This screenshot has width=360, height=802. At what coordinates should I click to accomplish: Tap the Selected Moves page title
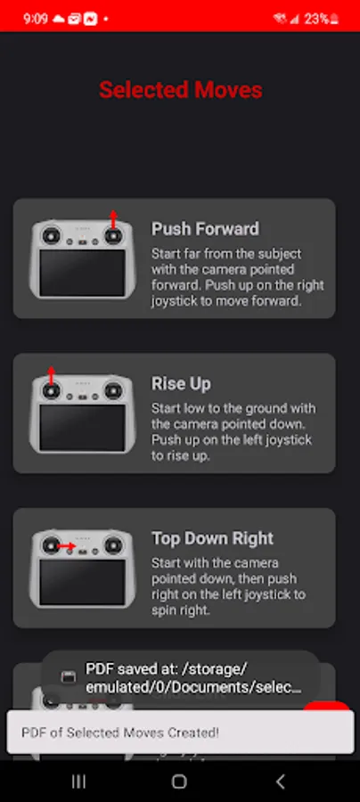pyautogui.click(x=181, y=90)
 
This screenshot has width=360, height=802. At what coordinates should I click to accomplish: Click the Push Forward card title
pyautogui.click(x=205, y=229)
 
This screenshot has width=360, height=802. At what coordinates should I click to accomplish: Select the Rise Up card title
pyautogui.click(x=181, y=383)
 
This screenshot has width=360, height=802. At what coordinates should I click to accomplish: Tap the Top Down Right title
pyautogui.click(x=213, y=538)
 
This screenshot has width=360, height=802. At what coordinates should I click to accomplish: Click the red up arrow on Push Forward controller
pyautogui.click(x=113, y=219)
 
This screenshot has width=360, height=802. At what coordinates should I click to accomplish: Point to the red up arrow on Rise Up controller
pyautogui.click(x=51, y=374)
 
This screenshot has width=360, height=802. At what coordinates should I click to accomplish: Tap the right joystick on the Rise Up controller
pyautogui.click(x=113, y=391)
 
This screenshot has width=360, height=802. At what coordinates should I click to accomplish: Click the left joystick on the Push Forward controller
pyautogui.click(x=51, y=236)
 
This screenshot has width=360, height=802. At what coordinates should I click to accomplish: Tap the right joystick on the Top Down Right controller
pyautogui.click(x=113, y=545)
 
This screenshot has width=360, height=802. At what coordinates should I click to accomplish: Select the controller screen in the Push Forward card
pyautogui.click(x=82, y=273)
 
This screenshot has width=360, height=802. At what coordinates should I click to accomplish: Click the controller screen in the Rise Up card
pyautogui.click(x=82, y=428)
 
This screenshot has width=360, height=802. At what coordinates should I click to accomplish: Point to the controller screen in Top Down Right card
pyautogui.click(x=82, y=582)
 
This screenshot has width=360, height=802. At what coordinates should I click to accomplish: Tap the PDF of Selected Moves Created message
pyautogui.click(x=120, y=732)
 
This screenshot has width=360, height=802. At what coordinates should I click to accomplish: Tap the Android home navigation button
pyautogui.click(x=179, y=781)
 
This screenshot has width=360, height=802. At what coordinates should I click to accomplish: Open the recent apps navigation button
pyautogui.click(x=78, y=781)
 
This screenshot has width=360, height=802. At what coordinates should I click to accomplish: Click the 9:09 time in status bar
pyautogui.click(x=36, y=19)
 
